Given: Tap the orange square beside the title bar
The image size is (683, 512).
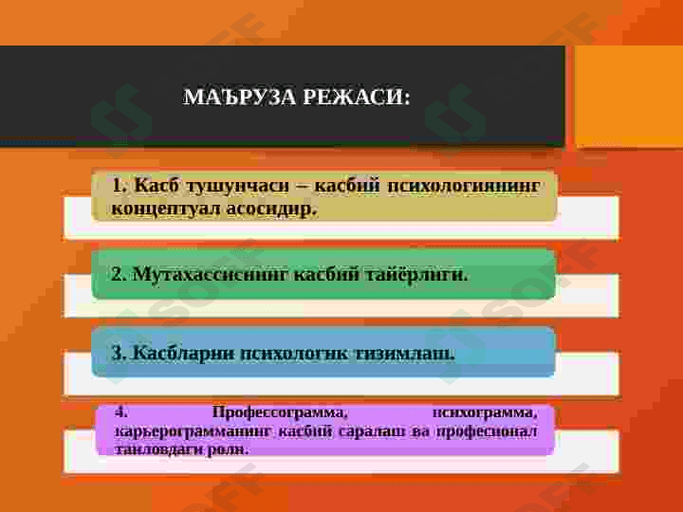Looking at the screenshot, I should click(x=628, y=96).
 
